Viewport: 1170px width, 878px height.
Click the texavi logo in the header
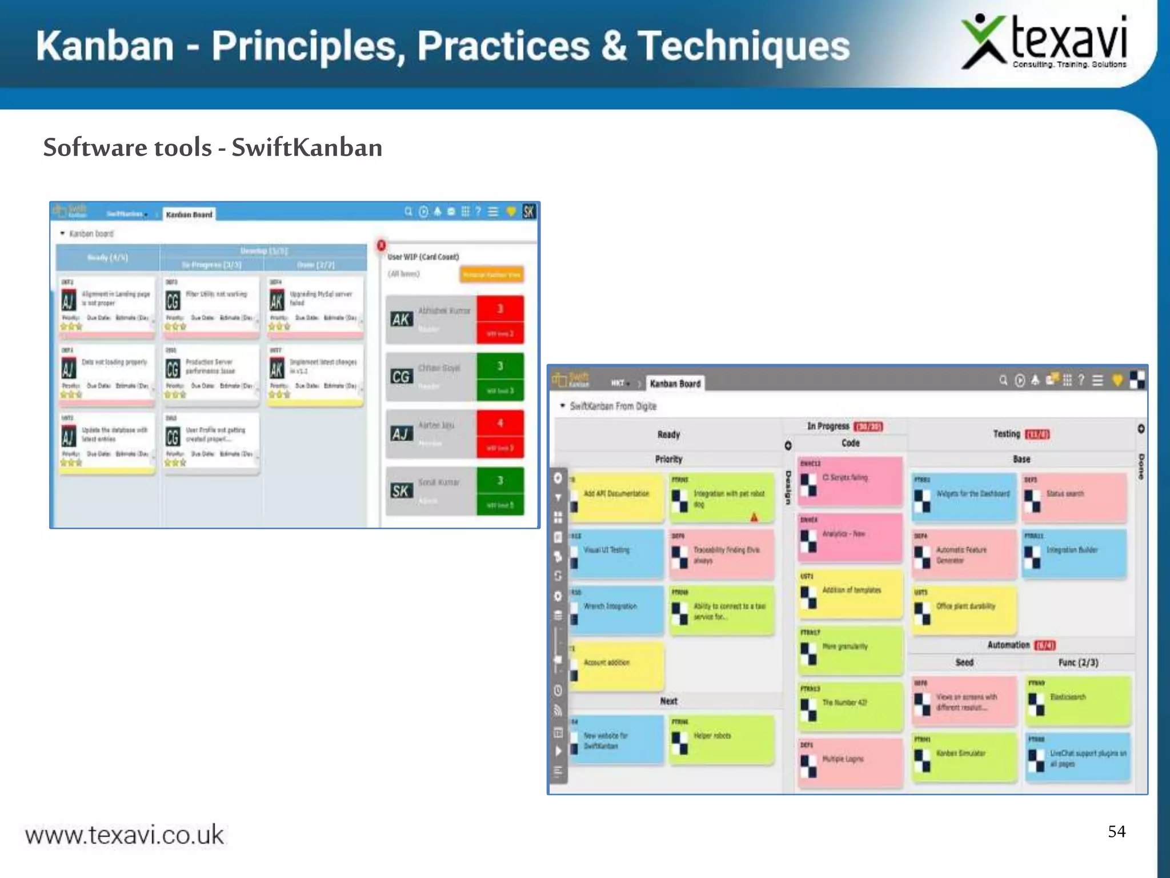(x=1044, y=43)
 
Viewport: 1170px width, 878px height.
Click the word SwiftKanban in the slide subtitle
(x=307, y=147)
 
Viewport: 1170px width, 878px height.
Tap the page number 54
(x=1116, y=831)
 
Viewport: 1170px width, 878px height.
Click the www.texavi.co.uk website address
(x=125, y=835)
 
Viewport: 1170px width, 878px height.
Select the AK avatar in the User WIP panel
(x=400, y=319)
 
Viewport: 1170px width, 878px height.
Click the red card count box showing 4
(x=500, y=424)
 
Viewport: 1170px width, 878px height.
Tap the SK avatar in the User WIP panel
(x=400, y=490)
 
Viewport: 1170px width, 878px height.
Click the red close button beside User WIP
(x=381, y=246)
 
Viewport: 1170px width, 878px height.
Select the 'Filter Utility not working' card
(x=211, y=306)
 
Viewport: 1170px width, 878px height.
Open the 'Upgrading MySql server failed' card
(x=315, y=306)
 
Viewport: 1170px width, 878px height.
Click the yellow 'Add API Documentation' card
(x=617, y=496)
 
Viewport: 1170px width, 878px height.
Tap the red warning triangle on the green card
(x=754, y=517)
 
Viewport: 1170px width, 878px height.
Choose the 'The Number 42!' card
(x=850, y=706)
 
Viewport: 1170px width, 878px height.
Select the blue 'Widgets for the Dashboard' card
(x=964, y=496)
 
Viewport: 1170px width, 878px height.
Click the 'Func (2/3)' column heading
(x=1078, y=663)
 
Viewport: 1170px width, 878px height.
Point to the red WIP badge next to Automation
(x=1045, y=645)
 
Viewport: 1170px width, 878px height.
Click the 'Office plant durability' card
(x=964, y=609)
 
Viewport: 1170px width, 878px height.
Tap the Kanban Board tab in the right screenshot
(x=675, y=384)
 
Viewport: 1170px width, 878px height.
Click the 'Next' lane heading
(x=668, y=701)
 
